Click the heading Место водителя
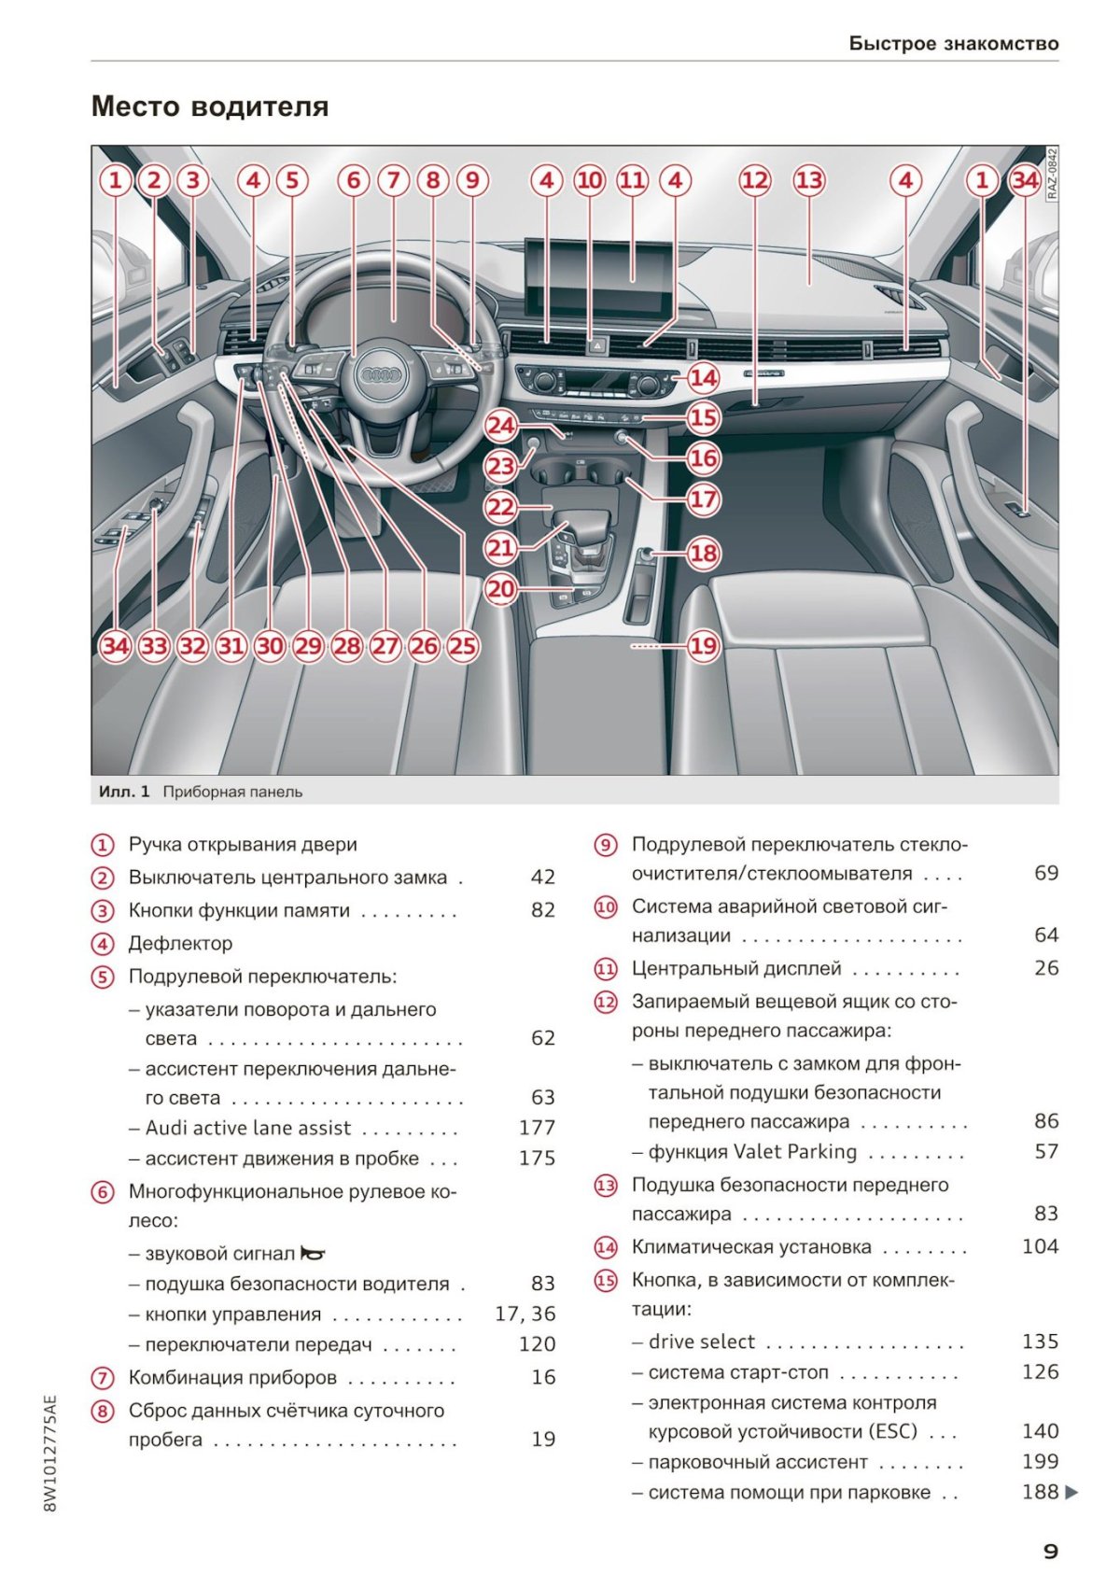[210, 106]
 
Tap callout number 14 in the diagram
[703, 377]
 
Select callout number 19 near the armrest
[703, 645]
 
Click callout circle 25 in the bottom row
[462, 646]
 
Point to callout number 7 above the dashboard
[394, 179]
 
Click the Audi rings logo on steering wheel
[381, 374]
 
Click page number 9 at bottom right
[1050, 1551]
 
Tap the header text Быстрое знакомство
[954, 43]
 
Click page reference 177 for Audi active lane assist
[537, 1128]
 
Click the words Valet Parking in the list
[795, 1151]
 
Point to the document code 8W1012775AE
[50, 1454]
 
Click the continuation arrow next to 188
[1071, 1492]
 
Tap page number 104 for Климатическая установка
[1040, 1246]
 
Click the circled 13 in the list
[606, 1186]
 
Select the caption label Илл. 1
[124, 792]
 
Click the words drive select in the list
[702, 1342]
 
